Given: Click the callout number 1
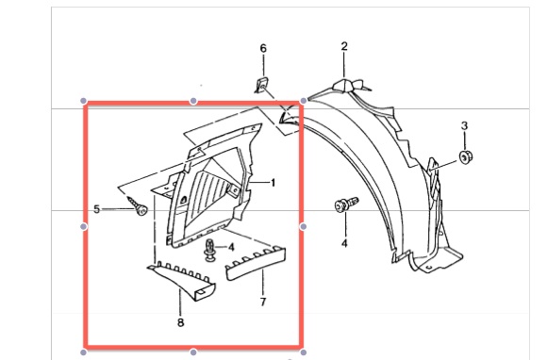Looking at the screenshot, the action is click(x=273, y=183).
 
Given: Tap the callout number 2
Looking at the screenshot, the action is click(x=344, y=46).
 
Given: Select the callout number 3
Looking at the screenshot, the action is click(x=464, y=125).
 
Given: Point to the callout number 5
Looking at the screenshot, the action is click(x=96, y=209).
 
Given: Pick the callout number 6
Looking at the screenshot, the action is click(x=263, y=48).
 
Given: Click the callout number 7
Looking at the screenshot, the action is click(x=263, y=302).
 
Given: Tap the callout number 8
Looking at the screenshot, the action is click(x=180, y=322).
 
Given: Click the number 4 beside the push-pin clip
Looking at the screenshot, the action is click(x=231, y=248).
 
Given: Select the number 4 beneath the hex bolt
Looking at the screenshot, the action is click(x=344, y=243).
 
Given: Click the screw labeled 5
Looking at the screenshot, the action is click(x=138, y=205).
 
